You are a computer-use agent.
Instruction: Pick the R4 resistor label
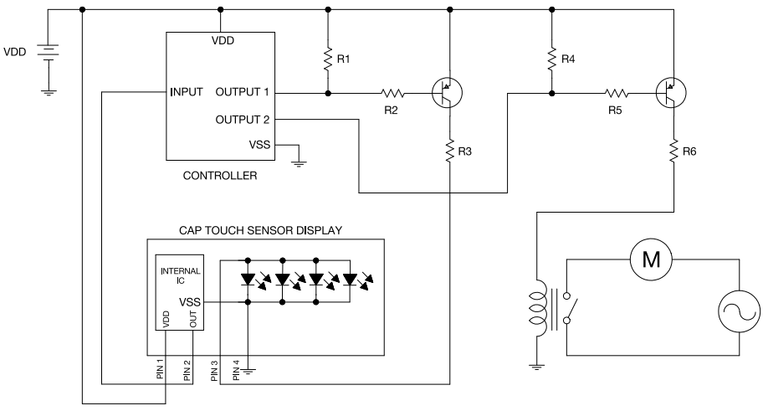568,59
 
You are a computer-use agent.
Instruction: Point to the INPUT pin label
186,92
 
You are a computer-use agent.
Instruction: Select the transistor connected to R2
447,93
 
